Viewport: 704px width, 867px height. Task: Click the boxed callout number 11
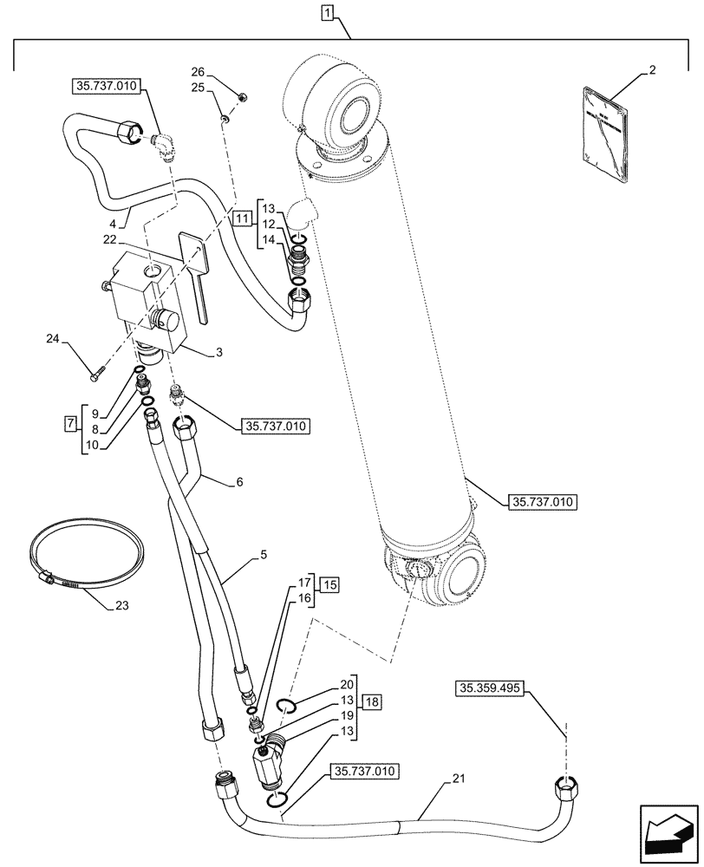pos(242,218)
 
